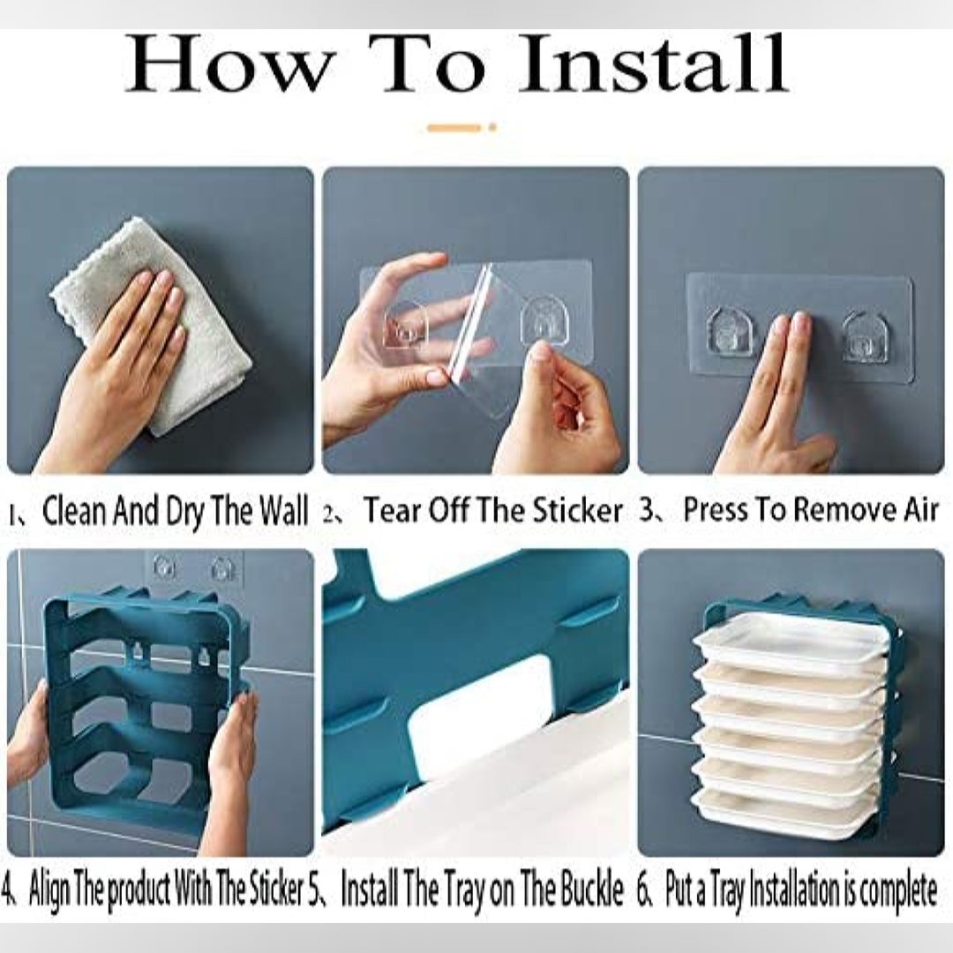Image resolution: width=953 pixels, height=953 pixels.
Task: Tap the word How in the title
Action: pyautogui.click(x=231, y=64)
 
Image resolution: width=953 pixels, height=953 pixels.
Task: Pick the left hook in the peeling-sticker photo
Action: pyautogui.click(x=406, y=325)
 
